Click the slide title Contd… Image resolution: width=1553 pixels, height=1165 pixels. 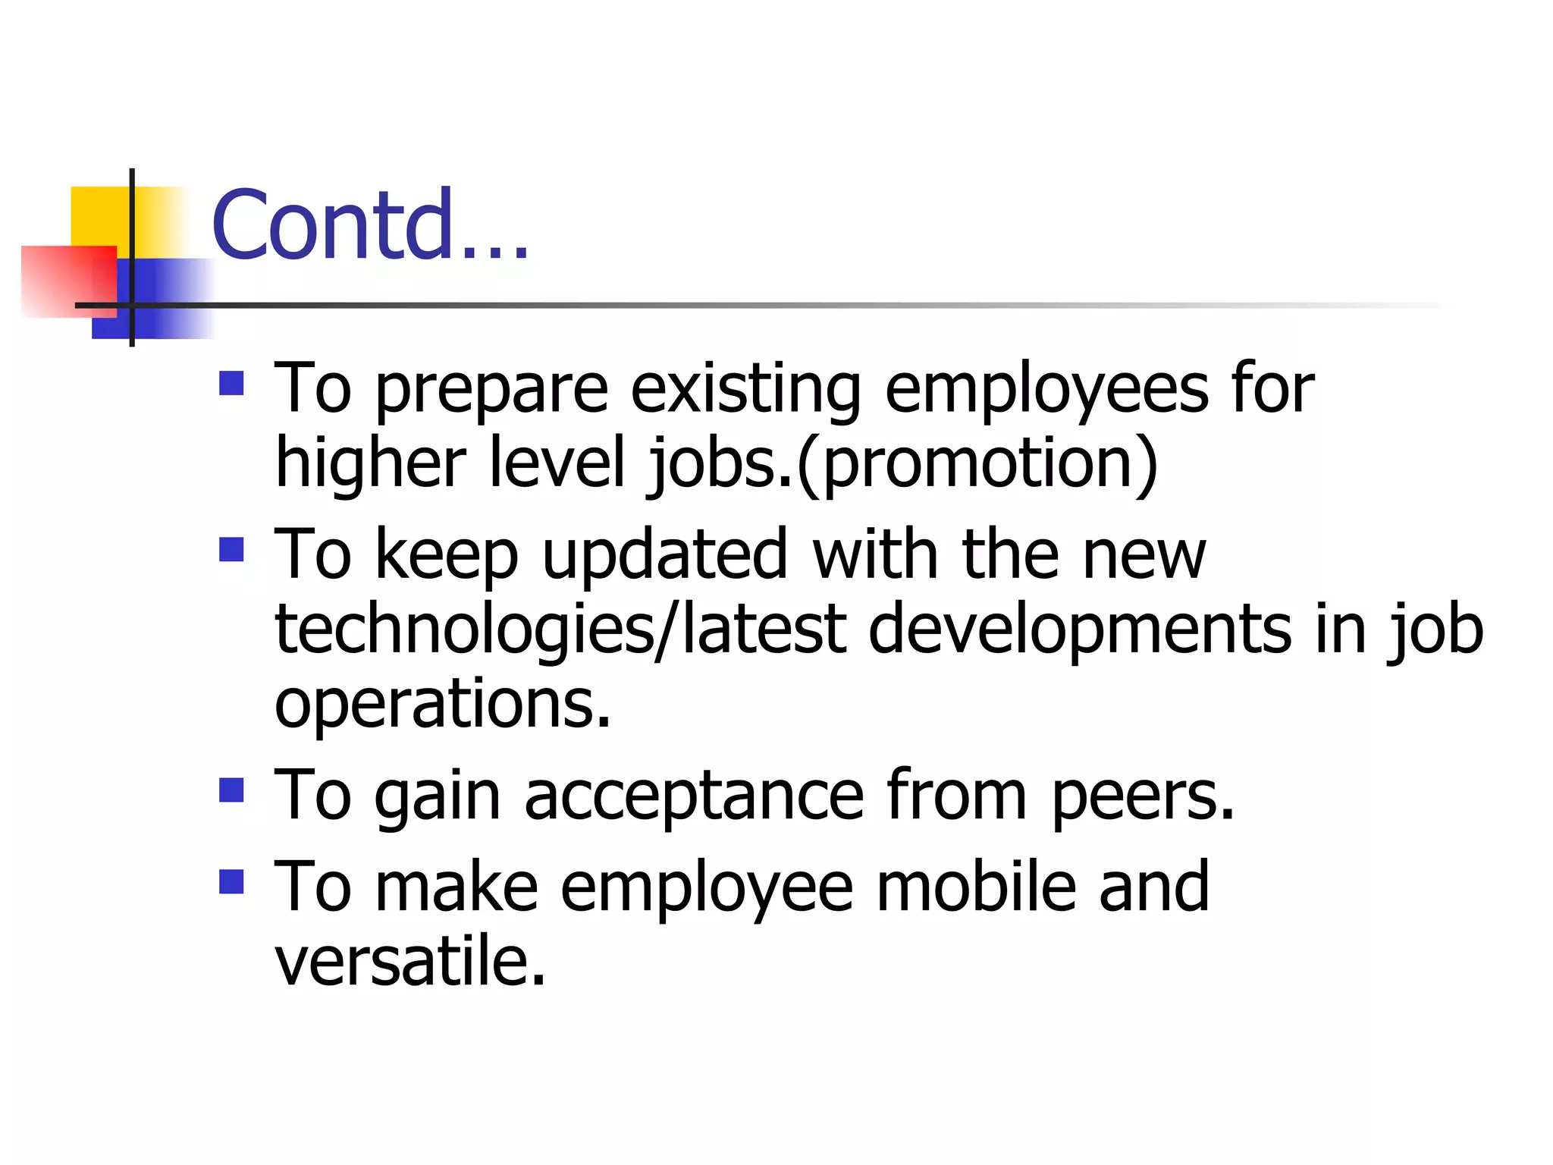tap(369, 225)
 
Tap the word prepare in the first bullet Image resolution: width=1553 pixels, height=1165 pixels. tap(491, 391)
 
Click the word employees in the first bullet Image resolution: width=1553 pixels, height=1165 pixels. tap(1046, 391)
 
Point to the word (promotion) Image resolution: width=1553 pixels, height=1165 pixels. tap(977, 464)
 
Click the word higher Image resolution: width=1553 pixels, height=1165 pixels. tap(370, 464)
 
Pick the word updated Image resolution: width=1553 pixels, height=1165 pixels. tap(665, 555)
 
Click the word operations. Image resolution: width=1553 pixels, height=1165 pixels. tap(442, 704)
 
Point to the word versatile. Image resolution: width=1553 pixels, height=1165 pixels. tap(409, 962)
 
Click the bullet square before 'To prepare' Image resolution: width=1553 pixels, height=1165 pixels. tap(231, 384)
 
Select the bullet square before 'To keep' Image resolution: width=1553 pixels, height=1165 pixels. tap(231, 549)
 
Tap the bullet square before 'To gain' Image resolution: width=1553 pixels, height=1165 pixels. tap(231, 790)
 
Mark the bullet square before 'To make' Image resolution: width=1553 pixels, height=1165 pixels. tap(231, 881)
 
